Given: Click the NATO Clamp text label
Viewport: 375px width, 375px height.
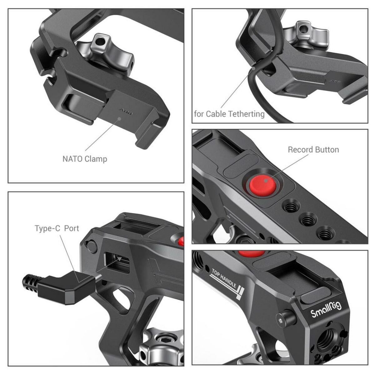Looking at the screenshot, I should pyautogui.click(x=85, y=159).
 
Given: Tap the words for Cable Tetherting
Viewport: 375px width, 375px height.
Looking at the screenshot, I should pyautogui.click(x=229, y=114).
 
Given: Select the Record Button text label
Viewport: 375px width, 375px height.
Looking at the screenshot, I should pyautogui.click(x=313, y=150).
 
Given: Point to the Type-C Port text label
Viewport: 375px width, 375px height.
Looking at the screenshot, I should pyautogui.click(x=57, y=228).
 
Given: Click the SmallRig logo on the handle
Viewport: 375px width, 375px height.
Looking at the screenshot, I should pyautogui.click(x=326, y=310).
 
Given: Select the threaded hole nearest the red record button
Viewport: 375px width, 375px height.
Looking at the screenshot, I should pyautogui.click(x=291, y=206).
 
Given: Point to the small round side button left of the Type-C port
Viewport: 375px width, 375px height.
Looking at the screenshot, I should pyautogui.click(x=92, y=246).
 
